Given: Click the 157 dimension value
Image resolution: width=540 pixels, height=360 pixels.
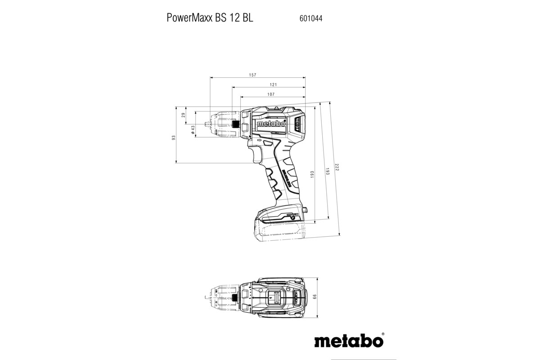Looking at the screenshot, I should tap(253, 75).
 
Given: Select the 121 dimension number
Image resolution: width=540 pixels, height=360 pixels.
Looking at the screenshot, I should tap(273, 85).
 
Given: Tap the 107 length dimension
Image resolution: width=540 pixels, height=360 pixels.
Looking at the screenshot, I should tap(271, 94).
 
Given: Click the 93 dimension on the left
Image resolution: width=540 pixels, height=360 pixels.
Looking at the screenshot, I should tap(174, 137).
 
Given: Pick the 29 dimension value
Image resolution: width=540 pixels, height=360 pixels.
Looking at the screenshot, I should tap(184, 115).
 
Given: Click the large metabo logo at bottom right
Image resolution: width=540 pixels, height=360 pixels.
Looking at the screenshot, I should tap(349, 340).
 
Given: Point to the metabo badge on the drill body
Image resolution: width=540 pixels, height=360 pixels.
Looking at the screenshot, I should tap(270, 124).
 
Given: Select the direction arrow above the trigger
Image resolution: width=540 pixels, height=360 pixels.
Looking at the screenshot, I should tap(260, 141).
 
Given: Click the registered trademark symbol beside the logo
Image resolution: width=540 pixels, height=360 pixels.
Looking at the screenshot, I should tap(383, 334).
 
